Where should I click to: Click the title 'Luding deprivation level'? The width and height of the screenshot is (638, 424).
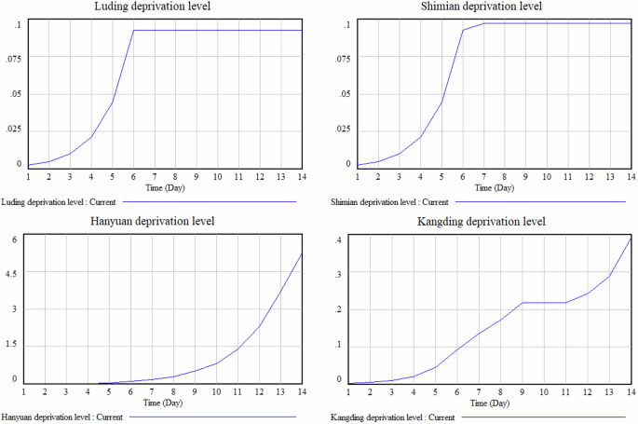point(165,7)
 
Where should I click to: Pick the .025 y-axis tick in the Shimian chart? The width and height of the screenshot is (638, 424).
point(340,130)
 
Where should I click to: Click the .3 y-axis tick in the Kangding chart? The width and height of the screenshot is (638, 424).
point(340,274)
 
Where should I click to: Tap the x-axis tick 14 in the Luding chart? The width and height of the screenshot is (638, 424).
point(301,176)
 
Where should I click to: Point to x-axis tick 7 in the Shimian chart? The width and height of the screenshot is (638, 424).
point(484,176)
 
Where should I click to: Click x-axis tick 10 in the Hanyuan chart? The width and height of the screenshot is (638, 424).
point(216,391)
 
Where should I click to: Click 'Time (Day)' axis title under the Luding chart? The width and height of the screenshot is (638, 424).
point(165,187)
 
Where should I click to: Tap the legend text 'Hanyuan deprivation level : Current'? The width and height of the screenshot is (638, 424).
point(63,417)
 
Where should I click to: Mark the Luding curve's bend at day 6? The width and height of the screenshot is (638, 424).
point(133,30)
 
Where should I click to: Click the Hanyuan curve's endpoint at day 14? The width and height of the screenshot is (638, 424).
point(301,254)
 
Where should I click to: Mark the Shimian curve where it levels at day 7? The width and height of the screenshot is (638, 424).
point(484,23)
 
